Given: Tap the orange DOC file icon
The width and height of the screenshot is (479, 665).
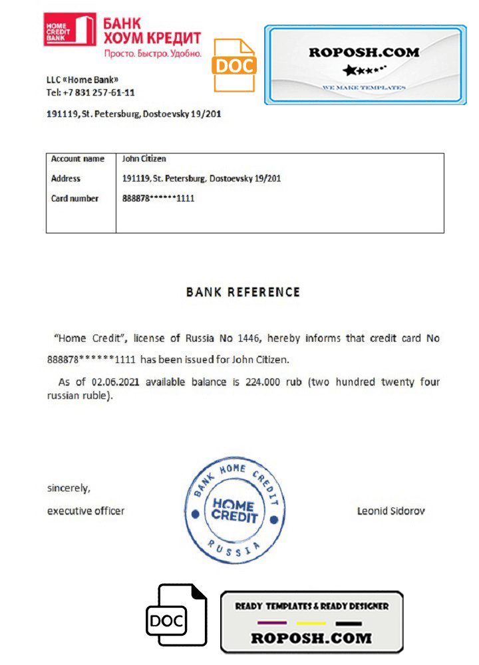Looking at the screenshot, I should coord(234,65).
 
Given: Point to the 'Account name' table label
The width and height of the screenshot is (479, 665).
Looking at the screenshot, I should coord(77,159).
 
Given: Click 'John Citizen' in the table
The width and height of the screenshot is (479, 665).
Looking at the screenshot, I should coord(144,159).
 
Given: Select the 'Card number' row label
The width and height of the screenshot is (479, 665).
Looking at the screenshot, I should coord(75,198).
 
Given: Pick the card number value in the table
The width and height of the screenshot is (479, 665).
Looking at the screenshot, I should coord(158,198).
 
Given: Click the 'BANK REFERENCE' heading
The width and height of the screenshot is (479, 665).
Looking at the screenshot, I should coord(243,292).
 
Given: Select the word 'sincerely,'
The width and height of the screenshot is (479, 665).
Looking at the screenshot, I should coord(69,488).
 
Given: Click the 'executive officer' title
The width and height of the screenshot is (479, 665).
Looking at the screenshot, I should coord(85,511).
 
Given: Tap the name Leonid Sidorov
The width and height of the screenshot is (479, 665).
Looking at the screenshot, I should coord(391,511).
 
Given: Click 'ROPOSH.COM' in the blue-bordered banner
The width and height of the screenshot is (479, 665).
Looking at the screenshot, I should coord(364,52).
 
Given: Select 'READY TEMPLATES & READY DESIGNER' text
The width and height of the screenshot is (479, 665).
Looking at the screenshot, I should coord(311,606).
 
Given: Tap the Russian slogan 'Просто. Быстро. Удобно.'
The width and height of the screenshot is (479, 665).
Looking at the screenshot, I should coord(152,52).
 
